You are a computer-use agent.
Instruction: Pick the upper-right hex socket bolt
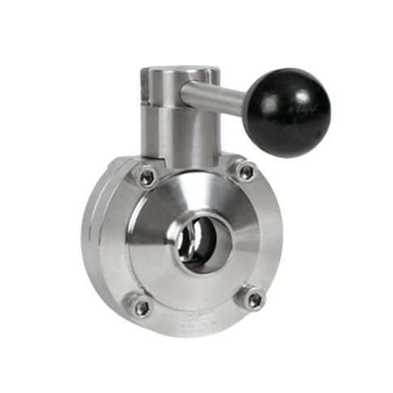click(244, 171)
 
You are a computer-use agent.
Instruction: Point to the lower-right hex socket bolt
click(254, 299)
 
